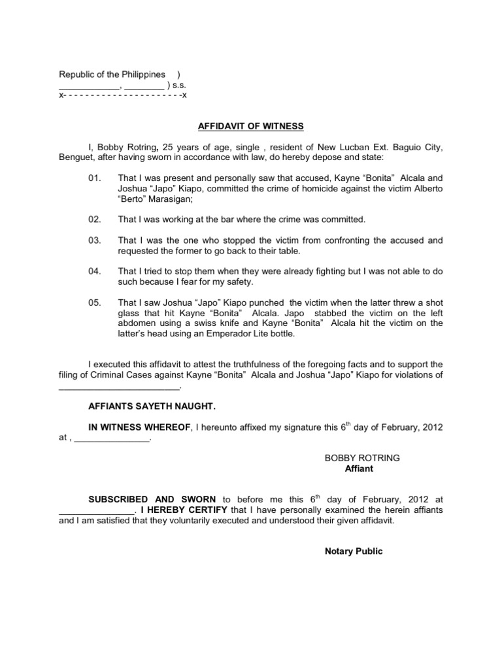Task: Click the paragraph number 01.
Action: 95,178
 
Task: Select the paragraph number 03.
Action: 95,240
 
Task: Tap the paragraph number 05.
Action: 95,302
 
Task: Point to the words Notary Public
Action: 354,551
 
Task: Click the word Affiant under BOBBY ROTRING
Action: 358,468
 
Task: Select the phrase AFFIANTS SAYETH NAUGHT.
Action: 152,406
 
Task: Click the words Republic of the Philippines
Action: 112,74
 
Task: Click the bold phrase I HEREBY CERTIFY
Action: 181,510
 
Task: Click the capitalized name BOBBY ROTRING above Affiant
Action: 362,458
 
